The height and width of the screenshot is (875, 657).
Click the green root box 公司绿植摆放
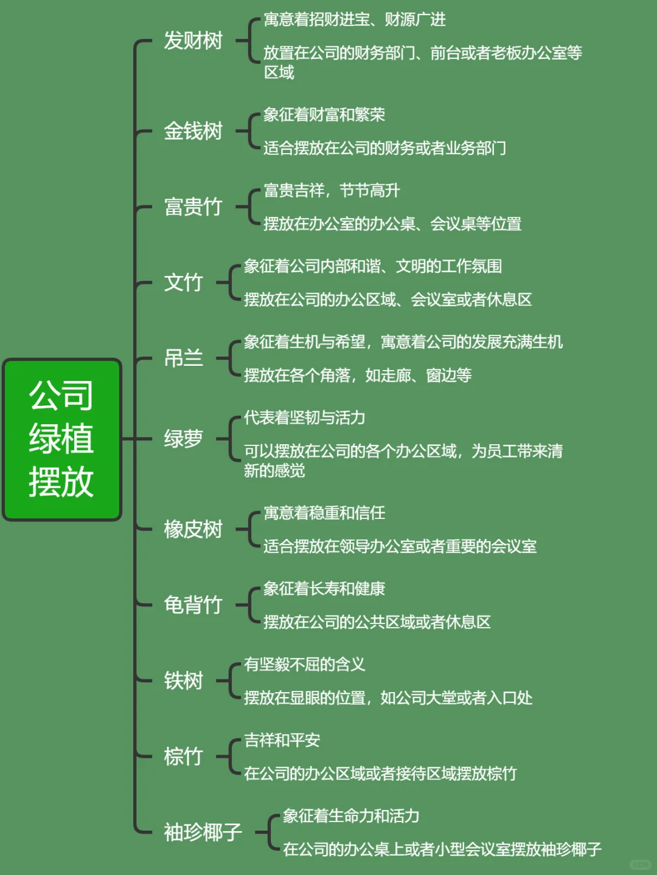pos(62,439)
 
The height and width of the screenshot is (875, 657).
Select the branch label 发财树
pos(193,41)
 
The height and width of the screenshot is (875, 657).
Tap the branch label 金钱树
pos(193,131)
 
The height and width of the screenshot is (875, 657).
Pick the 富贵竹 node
pos(193,207)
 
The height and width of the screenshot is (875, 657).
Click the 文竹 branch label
pos(183,283)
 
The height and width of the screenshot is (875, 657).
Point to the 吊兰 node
pos(183,359)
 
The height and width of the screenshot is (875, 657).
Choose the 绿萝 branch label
pos(183,439)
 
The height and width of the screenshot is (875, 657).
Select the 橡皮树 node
pos(193,529)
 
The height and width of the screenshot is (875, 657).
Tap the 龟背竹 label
pos(193,605)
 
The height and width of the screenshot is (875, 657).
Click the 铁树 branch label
pos(183,681)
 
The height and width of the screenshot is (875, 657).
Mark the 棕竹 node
pos(183,757)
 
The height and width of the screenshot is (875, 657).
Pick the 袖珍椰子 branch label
pos(203,832)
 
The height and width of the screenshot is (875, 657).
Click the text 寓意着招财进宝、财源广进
pos(354,20)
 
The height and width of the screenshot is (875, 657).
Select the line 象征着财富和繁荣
pos(324,115)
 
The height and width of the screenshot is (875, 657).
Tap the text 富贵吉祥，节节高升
pos(332,191)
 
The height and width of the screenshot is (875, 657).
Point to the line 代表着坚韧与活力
pos(304,418)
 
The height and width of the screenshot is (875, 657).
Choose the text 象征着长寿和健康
pos(324,589)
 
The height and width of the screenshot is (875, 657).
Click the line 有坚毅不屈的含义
pos(304,665)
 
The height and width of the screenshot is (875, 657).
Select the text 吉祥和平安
pos(282,740)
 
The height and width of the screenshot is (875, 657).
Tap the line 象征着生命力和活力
pos(351,816)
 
